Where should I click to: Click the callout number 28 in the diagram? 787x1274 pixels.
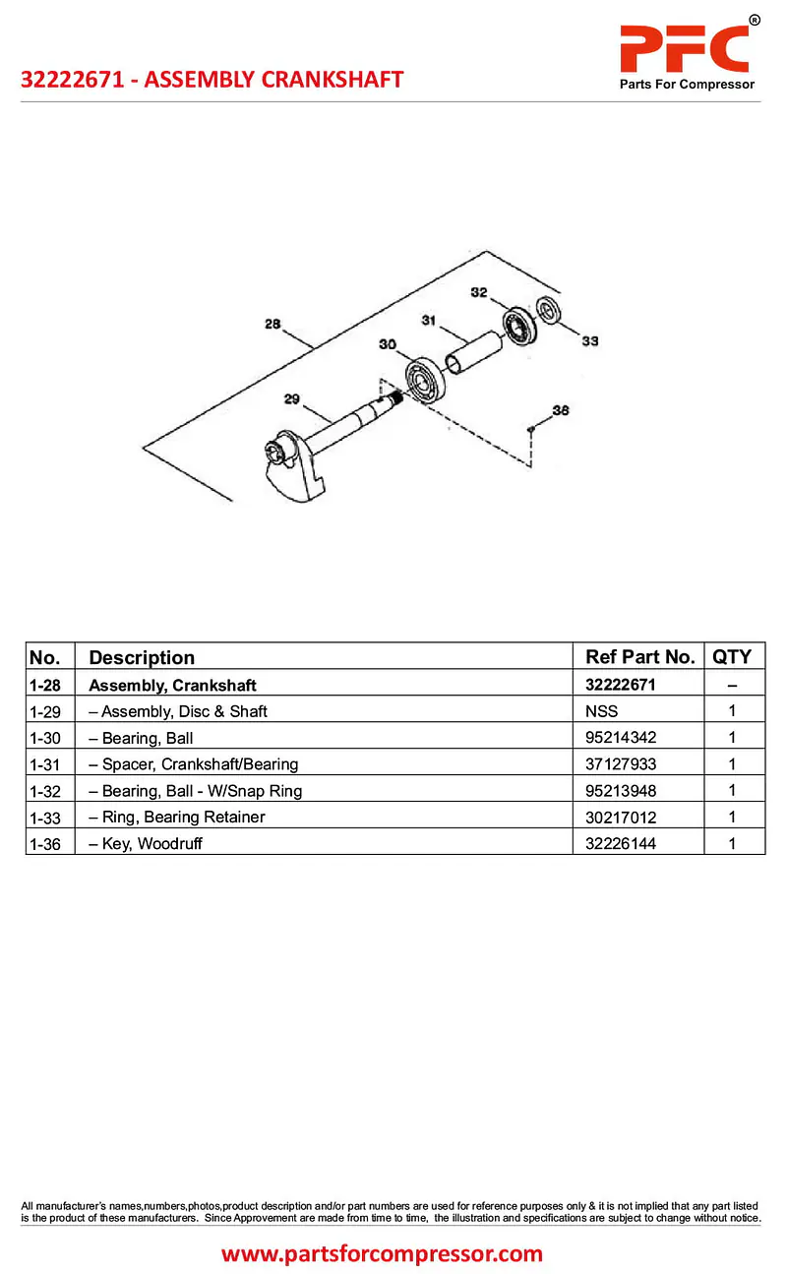tap(272, 324)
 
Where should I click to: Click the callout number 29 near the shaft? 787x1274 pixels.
tap(291, 398)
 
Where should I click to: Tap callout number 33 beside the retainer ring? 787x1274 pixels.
tap(589, 341)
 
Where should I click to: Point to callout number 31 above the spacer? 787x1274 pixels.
tap(429, 320)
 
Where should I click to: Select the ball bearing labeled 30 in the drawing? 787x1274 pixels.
tap(422, 379)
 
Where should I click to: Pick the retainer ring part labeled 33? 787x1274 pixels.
tap(548, 309)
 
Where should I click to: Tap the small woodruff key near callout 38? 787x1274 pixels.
tap(531, 427)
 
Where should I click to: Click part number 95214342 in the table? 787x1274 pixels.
tap(621, 738)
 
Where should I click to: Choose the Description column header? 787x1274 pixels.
tap(142, 657)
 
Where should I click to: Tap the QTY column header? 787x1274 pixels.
tap(731, 657)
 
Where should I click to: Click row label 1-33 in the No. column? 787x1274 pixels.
tap(46, 818)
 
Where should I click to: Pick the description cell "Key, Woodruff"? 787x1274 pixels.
tap(151, 844)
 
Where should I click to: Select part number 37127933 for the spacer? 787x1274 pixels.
tap(621, 764)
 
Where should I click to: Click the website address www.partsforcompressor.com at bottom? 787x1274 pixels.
tap(382, 1253)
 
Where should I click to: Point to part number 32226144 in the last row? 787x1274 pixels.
tap(621, 844)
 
